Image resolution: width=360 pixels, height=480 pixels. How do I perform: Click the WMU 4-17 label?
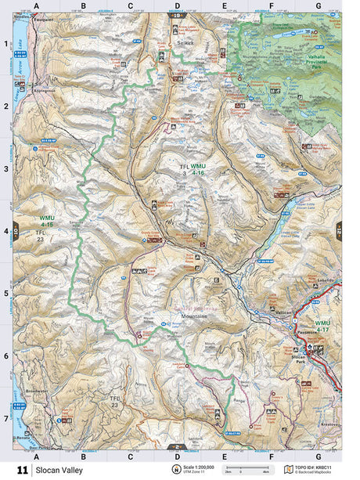point(322,325)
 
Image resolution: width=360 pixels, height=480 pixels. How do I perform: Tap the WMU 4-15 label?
point(48,220)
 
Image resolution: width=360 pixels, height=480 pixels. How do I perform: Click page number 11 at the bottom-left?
point(21,469)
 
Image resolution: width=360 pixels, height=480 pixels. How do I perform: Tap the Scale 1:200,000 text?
point(198,466)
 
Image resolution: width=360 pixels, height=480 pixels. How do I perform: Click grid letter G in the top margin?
point(318,5)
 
